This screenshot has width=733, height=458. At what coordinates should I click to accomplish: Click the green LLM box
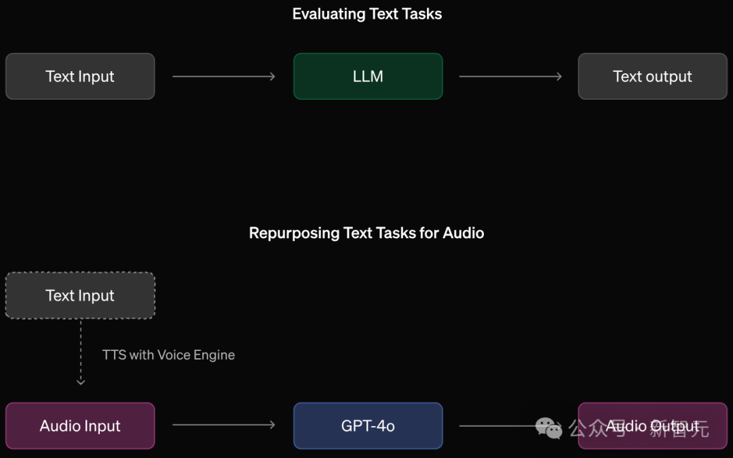point(368,77)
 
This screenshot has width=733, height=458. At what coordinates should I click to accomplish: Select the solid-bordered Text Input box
point(80,77)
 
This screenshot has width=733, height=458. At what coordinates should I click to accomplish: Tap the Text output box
point(652,77)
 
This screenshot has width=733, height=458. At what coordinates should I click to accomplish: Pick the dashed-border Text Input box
point(80,296)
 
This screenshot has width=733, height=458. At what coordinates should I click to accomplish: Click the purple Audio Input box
point(80,426)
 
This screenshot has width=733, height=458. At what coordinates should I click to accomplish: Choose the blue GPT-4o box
point(368,426)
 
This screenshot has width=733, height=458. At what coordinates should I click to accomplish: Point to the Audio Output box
point(652,426)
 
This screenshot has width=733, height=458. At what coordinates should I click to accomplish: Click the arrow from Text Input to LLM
point(224,77)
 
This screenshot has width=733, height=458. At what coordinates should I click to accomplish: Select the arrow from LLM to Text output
point(510,77)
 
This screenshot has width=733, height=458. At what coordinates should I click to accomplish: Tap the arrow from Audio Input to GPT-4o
point(224,425)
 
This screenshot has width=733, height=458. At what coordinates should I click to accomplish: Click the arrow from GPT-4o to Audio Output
point(502,426)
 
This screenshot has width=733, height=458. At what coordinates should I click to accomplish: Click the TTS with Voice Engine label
point(168,355)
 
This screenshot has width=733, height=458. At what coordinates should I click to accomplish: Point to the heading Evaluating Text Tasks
point(366,14)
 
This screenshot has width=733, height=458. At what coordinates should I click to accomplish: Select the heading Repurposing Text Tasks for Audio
point(366,233)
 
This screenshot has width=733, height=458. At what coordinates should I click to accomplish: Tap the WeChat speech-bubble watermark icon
point(548,427)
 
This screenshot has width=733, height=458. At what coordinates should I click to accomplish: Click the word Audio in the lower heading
point(464,233)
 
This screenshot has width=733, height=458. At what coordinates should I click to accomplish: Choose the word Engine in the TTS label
point(214,355)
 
